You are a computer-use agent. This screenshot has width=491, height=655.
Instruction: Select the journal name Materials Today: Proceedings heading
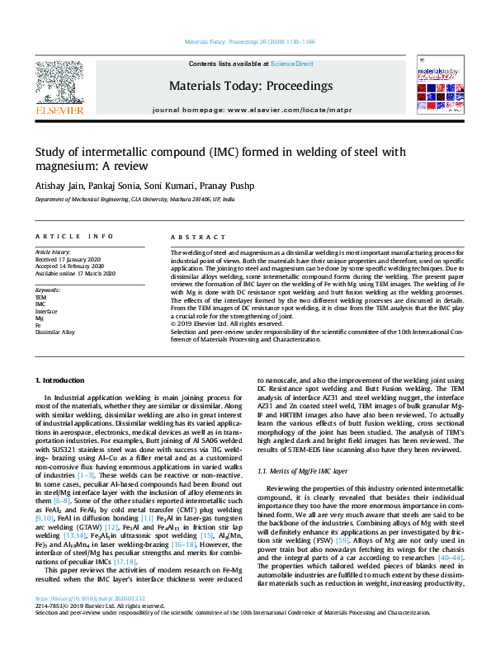tap(251, 86)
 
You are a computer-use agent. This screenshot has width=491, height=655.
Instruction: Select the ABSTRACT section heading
tap(191, 237)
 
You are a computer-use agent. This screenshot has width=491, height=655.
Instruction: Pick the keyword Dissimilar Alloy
tap(54, 332)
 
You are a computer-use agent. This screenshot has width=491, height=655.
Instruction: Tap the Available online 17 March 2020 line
tap(75, 273)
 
